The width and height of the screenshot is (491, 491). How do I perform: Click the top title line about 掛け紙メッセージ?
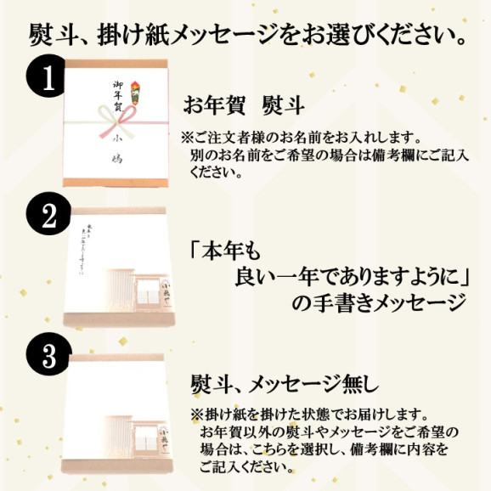(x=246, y=36)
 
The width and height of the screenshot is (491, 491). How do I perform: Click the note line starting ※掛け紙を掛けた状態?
(x=310, y=414)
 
